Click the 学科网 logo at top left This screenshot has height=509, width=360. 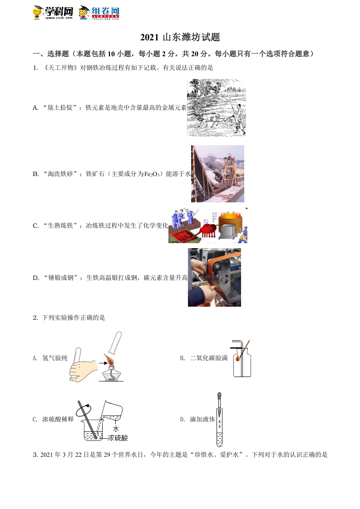pos(53,13)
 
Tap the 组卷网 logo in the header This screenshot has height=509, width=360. pos(99,13)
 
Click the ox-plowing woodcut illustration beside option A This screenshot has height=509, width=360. pos(216,108)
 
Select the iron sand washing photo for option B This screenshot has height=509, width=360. pos(217,174)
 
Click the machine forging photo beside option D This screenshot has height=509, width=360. pos(214,277)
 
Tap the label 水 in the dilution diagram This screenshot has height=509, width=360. pos(116,428)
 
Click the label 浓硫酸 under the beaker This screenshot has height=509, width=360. pos(118,438)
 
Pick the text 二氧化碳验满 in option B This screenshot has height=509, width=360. pos(209,358)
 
